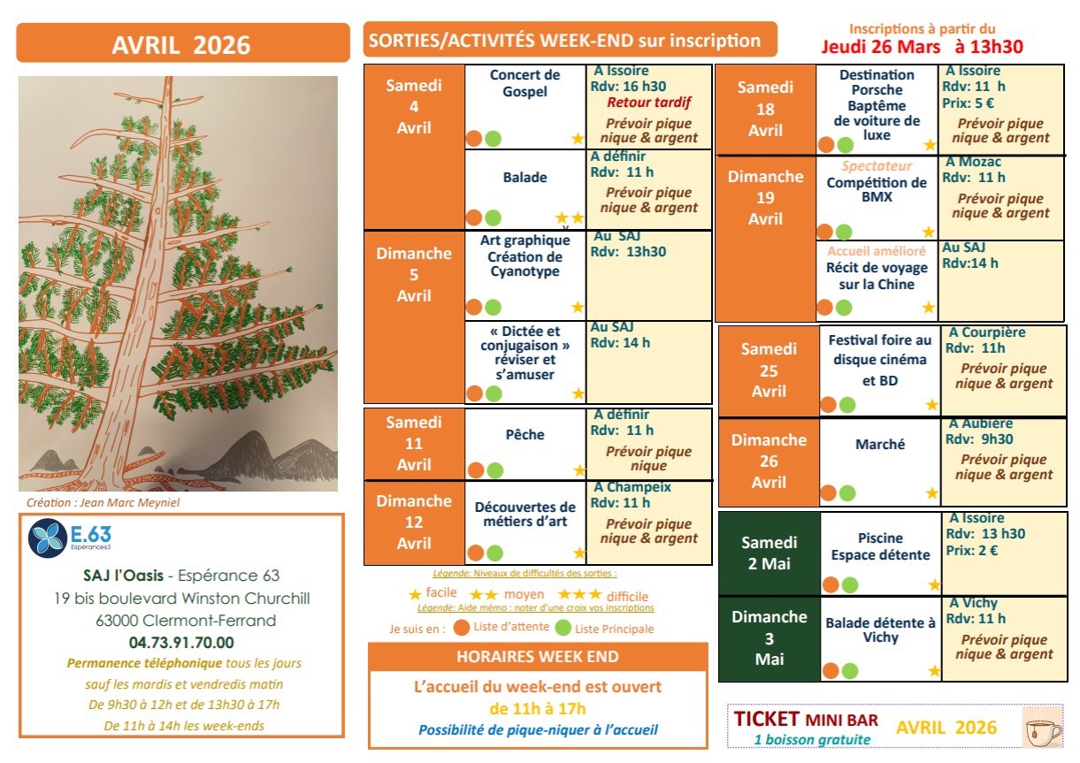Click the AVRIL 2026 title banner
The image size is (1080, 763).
point(180,44)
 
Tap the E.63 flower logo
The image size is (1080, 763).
point(46,538)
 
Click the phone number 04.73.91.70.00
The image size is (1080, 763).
point(181,643)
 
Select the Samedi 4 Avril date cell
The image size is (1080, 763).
point(414,106)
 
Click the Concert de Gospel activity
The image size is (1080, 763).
point(525,83)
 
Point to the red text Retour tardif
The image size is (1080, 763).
point(648,103)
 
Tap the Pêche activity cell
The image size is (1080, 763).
point(525,435)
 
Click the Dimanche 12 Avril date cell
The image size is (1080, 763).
point(414,523)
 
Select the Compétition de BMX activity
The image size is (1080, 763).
point(877,189)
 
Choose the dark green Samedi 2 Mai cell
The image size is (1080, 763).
point(769,553)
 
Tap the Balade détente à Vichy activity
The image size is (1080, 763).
point(880,629)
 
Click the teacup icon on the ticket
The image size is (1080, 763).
point(1042,728)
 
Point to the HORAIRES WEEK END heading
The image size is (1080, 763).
point(538,657)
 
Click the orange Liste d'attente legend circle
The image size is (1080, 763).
point(461,629)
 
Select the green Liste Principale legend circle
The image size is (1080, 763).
point(563,629)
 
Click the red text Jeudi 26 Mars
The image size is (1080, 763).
point(883,46)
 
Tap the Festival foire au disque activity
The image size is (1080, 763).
point(880,359)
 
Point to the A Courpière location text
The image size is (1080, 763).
point(987,332)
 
